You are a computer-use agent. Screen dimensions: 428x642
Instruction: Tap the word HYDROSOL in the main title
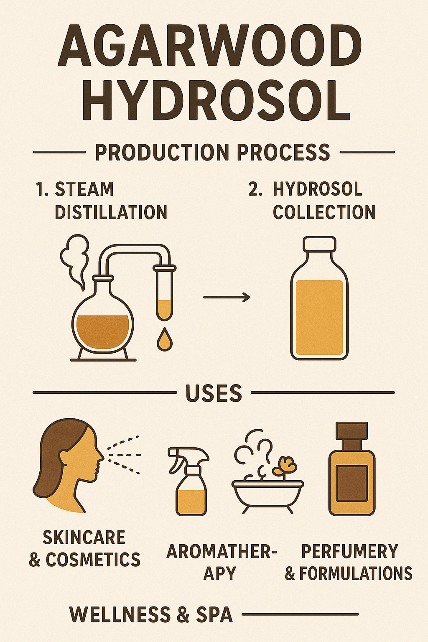tap(216, 99)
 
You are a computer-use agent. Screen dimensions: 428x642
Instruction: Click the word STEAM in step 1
tap(84, 189)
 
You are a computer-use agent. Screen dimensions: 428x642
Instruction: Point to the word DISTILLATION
tap(111, 212)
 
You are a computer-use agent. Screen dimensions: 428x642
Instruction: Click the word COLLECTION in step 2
tap(324, 212)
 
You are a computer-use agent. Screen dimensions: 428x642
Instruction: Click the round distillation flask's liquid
tap(103, 328)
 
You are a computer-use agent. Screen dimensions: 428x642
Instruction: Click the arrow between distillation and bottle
tap(227, 297)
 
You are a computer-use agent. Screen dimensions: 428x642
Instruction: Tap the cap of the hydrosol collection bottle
tap(319, 244)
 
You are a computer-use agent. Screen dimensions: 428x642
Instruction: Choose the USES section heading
tap(214, 392)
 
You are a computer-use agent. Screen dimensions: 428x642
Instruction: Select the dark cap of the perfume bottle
tap(352, 430)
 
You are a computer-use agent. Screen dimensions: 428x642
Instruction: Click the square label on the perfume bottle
tap(352, 484)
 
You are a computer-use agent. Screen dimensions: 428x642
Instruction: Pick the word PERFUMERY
tap(350, 551)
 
